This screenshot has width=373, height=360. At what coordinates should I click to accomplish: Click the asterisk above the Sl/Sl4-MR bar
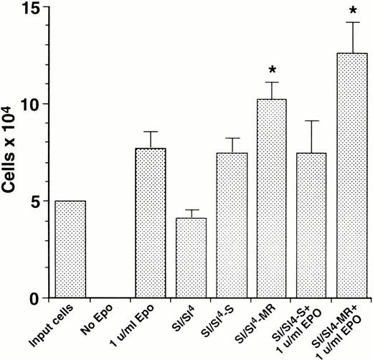(272, 70)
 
